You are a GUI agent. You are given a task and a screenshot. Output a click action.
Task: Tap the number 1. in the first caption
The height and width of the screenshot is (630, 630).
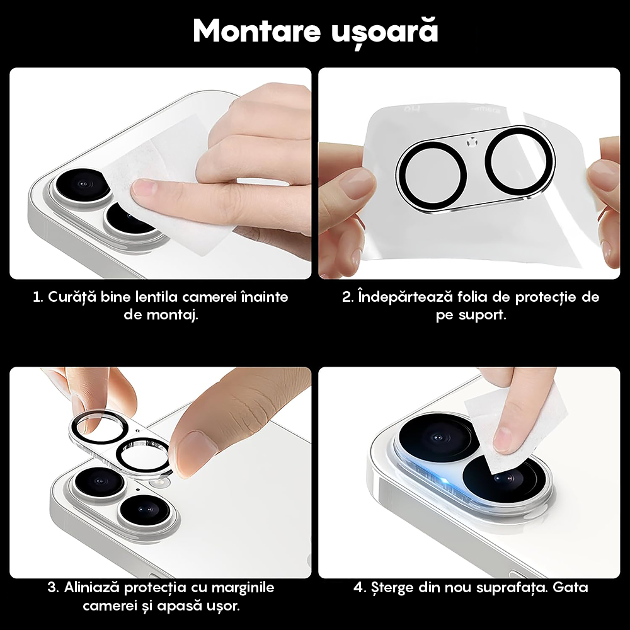(38, 297)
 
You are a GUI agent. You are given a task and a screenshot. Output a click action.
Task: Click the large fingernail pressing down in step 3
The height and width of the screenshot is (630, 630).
(195, 449)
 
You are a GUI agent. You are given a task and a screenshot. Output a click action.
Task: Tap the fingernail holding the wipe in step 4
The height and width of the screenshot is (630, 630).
(504, 439)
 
